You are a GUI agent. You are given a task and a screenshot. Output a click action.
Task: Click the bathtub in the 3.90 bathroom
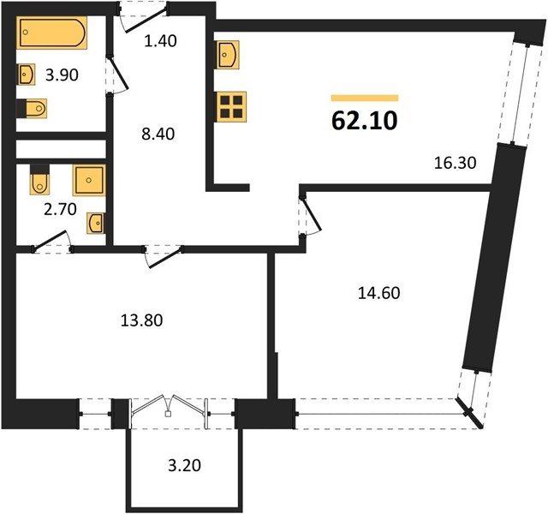51,33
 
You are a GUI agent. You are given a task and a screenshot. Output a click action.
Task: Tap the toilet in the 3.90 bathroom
32,109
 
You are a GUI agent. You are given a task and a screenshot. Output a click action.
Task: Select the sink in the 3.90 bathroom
27,75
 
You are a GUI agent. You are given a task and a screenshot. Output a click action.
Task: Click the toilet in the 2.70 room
39,179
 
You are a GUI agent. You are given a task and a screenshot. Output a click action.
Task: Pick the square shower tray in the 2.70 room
89,180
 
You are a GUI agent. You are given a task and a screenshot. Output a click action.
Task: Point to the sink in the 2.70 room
95,223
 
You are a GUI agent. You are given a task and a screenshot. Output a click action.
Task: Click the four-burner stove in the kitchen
231,106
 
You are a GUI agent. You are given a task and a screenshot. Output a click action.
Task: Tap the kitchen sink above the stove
228,55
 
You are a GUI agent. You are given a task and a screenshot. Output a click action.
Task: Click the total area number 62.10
364,121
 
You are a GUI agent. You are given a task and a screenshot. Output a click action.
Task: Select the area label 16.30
455,163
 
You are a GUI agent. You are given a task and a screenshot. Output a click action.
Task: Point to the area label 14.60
379,293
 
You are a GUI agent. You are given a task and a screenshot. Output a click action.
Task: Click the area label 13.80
141,320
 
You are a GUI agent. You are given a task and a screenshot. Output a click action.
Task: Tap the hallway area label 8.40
158,134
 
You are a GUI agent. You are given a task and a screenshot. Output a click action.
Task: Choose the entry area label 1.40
160,41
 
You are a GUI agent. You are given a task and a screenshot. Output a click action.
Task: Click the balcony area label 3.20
185,465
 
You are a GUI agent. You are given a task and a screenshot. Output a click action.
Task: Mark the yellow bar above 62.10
365,98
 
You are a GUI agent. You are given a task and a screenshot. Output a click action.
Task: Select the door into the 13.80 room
164,257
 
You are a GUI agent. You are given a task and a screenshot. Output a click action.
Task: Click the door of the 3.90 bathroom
118,75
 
